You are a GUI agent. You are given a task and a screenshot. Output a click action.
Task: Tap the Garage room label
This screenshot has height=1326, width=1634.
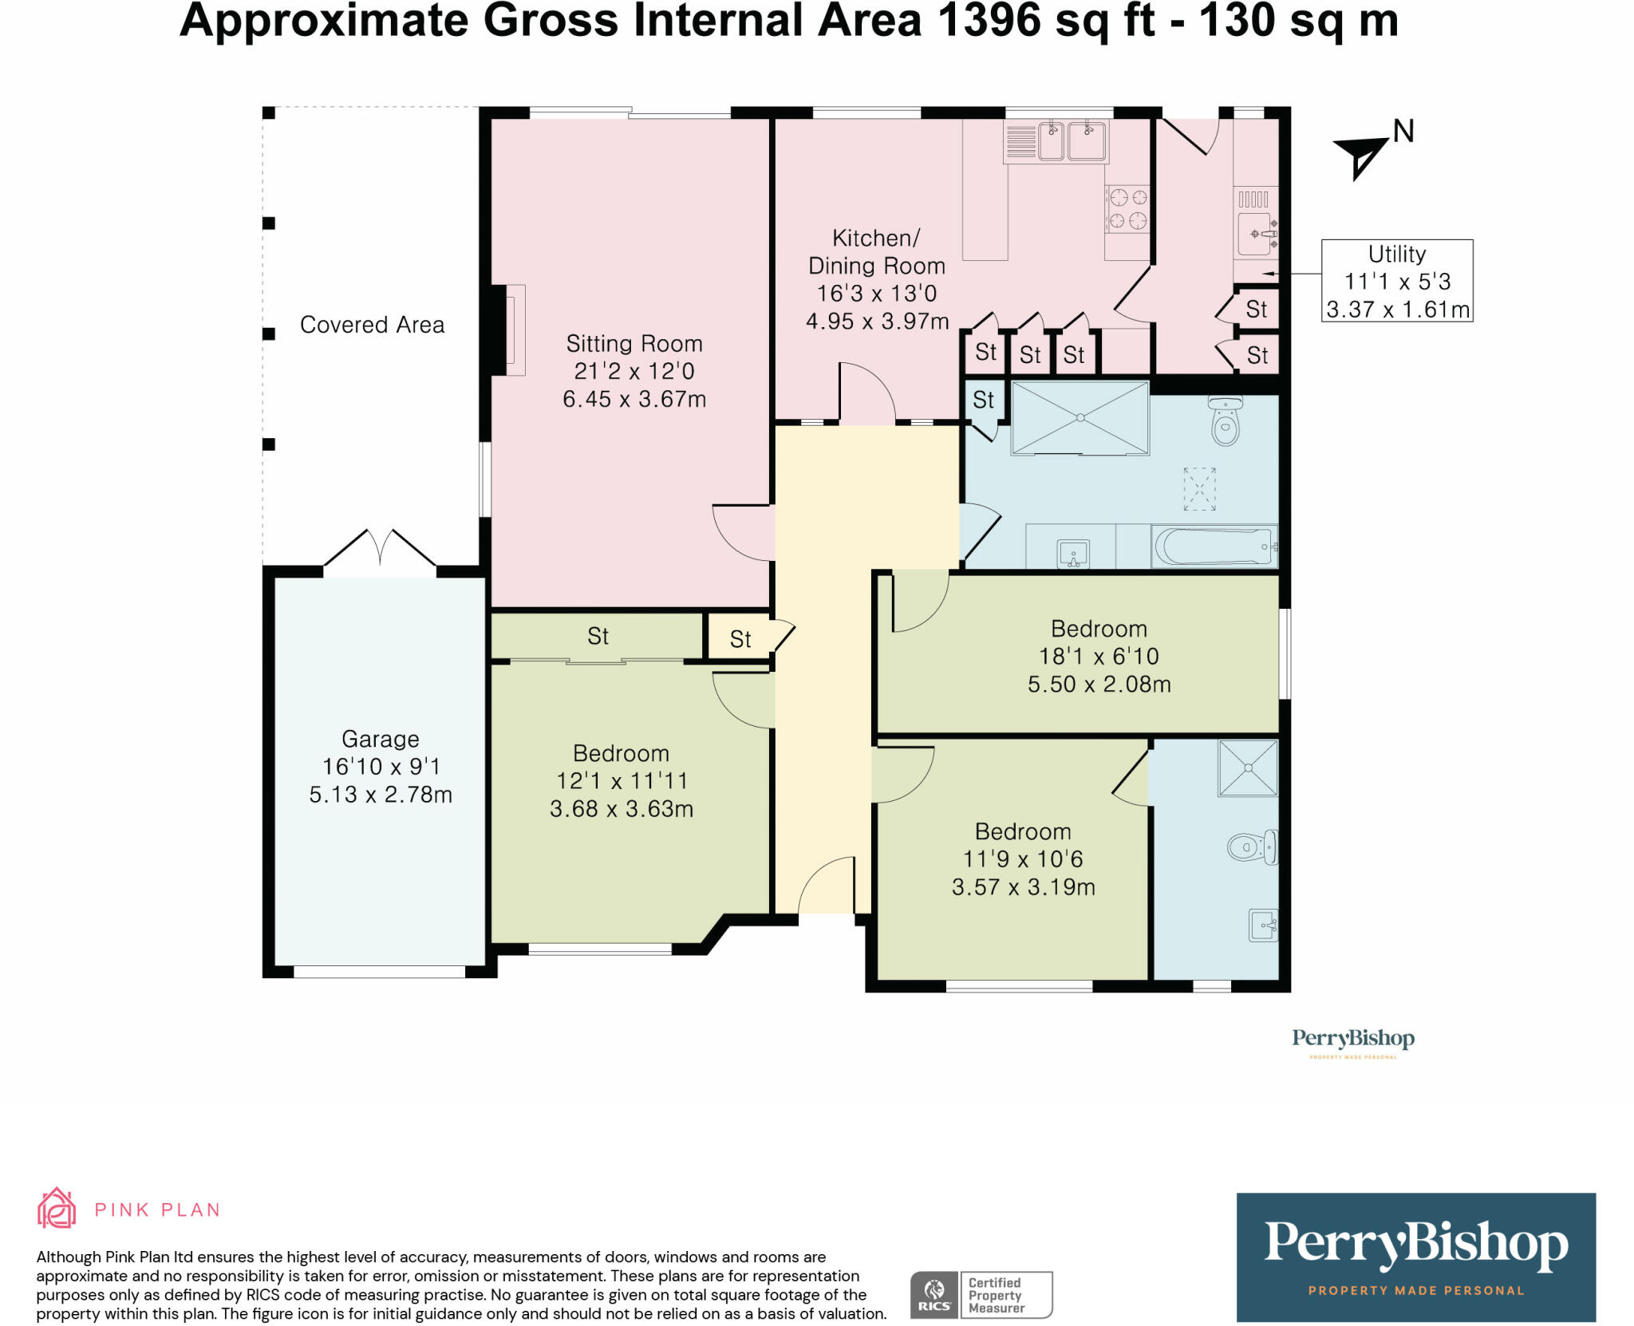[x=381, y=739]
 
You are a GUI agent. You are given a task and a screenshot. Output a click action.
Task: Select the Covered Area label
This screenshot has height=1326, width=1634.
[x=372, y=325]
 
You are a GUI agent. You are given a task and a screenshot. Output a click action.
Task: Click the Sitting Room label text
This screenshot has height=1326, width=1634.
[x=634, y=344]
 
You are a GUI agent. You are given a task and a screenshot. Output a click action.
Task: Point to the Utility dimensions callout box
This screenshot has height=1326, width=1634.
[x=1397, y=281]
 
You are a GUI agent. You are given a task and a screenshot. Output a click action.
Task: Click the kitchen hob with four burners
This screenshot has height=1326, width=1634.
[x=1128, y=209]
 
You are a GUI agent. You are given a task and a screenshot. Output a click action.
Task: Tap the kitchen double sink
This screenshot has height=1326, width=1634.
[x=1056, y=141]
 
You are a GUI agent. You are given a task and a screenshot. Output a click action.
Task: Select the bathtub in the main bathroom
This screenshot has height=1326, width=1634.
[x=1214, y=547]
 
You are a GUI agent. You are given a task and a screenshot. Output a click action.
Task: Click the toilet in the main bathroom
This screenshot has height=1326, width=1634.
[x=1225, y=420]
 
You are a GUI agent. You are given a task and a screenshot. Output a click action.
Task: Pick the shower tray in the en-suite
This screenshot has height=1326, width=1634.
[x=1248, y=768]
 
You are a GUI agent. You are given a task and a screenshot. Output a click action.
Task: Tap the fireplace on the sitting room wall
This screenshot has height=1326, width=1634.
[x=511, y=330]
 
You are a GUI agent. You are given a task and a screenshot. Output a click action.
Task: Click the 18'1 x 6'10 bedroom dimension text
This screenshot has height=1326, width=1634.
[x=1099, y=657]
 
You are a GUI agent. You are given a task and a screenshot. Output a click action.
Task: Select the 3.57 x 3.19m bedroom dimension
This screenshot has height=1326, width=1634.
[x=1024, y=887]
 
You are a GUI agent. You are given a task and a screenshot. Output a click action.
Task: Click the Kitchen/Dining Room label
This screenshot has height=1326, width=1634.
[x=877, y=252]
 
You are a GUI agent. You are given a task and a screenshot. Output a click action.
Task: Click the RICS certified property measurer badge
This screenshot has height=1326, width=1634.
[x=981, y=1295]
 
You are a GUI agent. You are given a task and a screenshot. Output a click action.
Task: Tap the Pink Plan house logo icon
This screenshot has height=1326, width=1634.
[x=57, y=1208]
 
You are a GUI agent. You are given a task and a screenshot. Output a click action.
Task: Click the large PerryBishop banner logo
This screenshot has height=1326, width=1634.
[x=1416, y=1257]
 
